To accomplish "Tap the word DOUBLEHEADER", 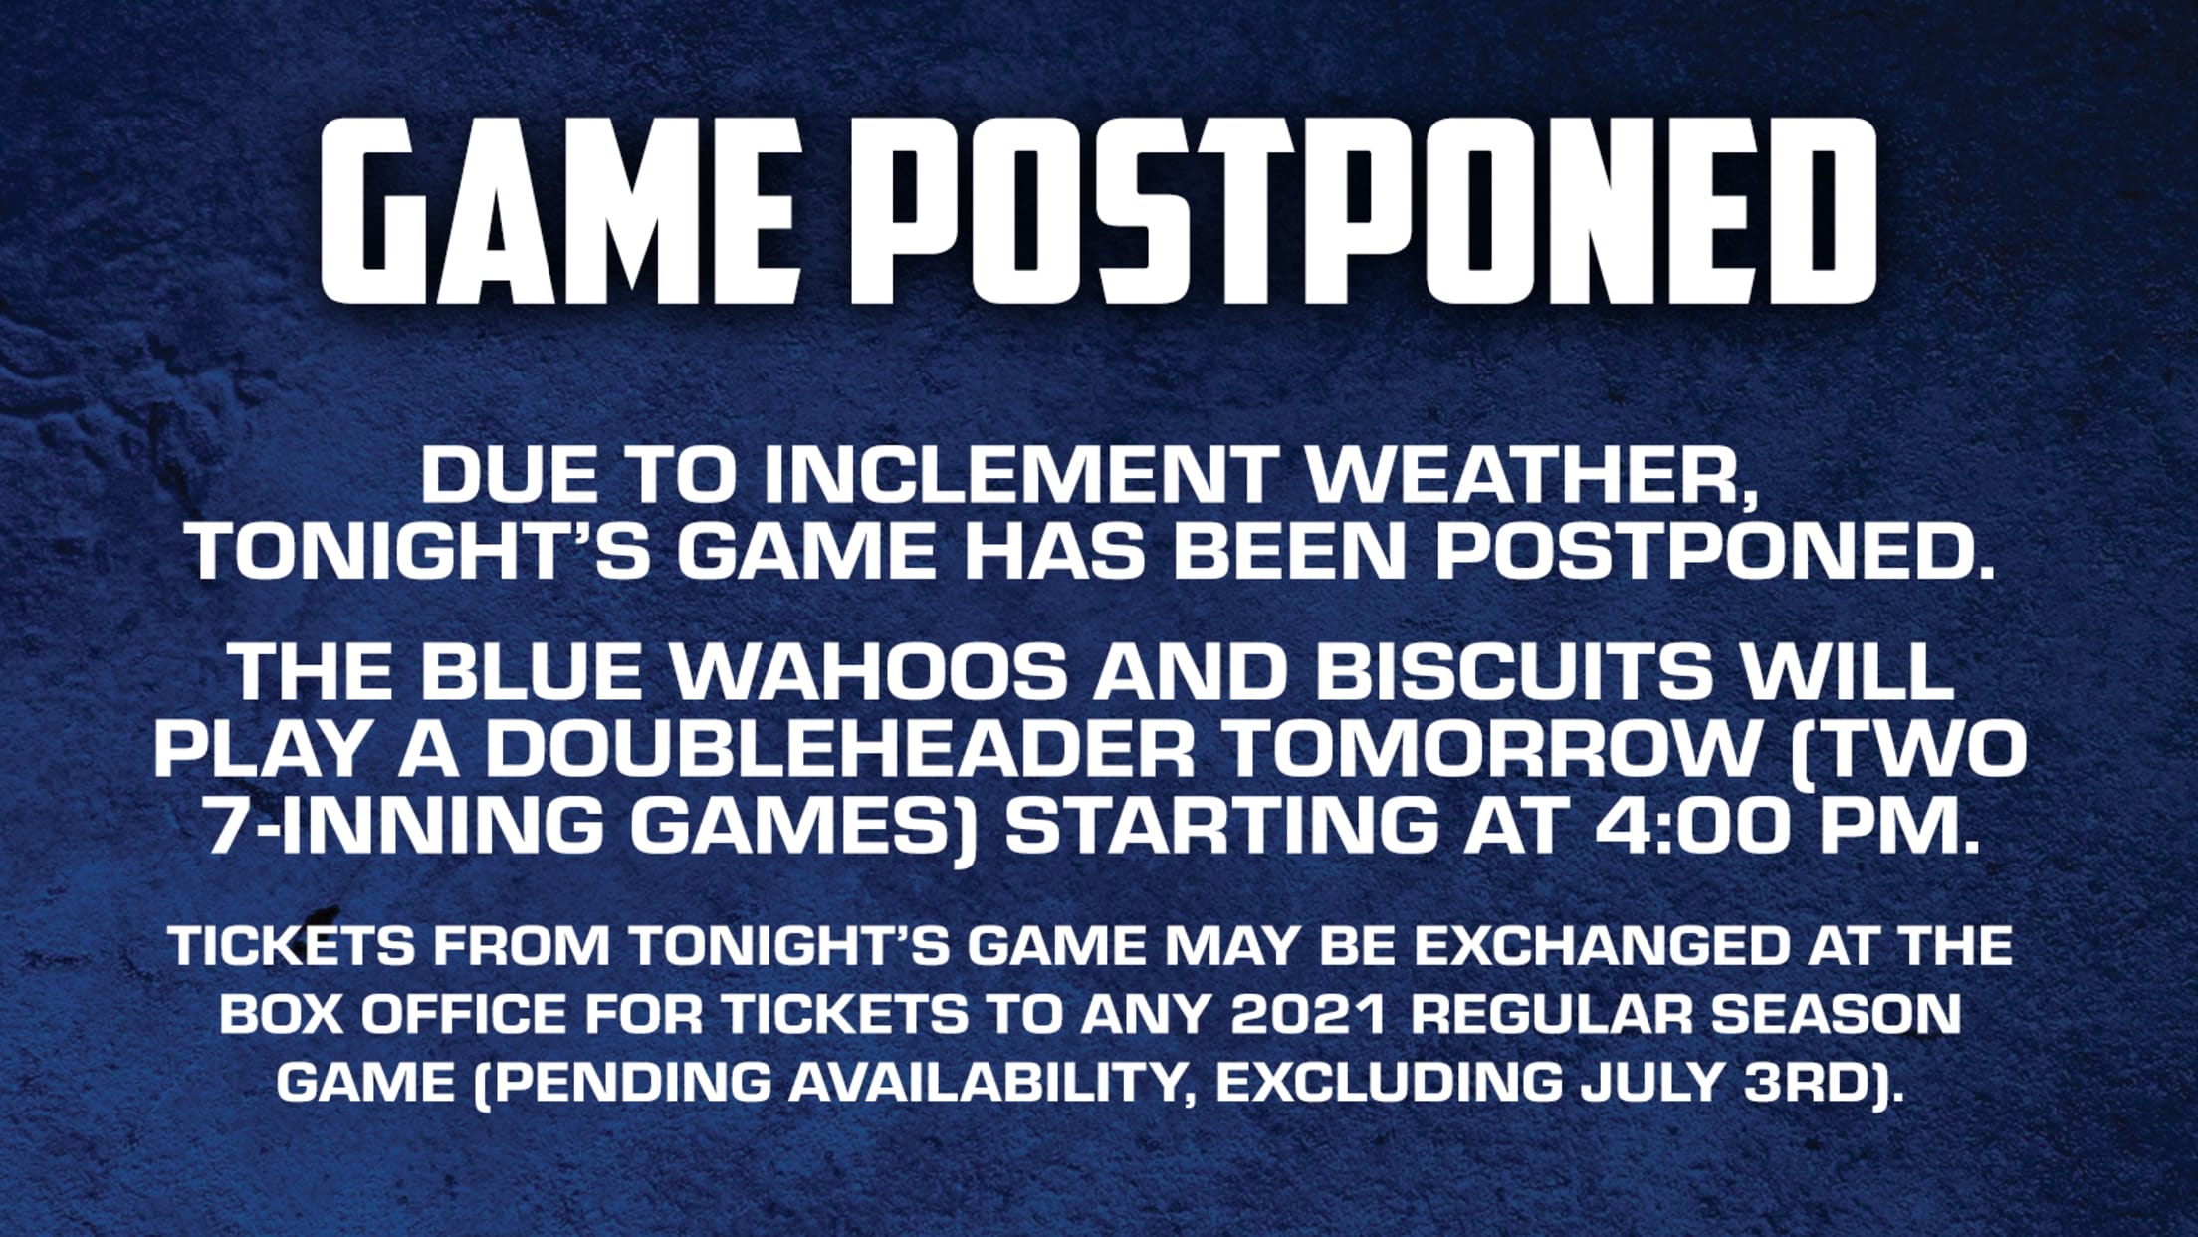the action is click(x=839, y=749).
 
